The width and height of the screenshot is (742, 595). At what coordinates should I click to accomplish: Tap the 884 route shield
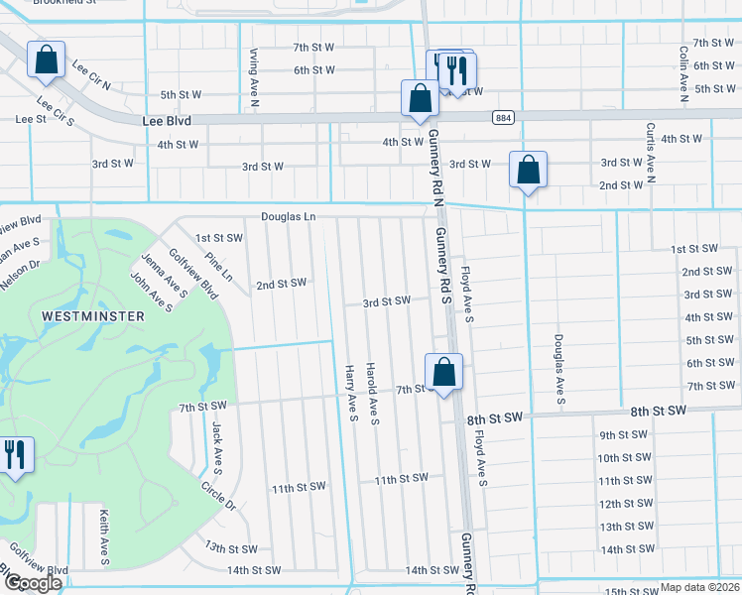[x=503, y=118]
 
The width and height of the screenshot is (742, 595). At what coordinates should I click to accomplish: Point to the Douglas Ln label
[x=288, y=216]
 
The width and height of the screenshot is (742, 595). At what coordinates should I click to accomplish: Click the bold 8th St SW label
[x=657, y=411]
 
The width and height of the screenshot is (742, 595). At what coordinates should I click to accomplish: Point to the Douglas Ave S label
[x=559, y=368]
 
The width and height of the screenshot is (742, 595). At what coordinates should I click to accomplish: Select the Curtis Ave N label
[x=650, y=154]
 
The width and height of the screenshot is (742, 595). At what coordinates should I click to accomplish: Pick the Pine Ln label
[x=218, y=267]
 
